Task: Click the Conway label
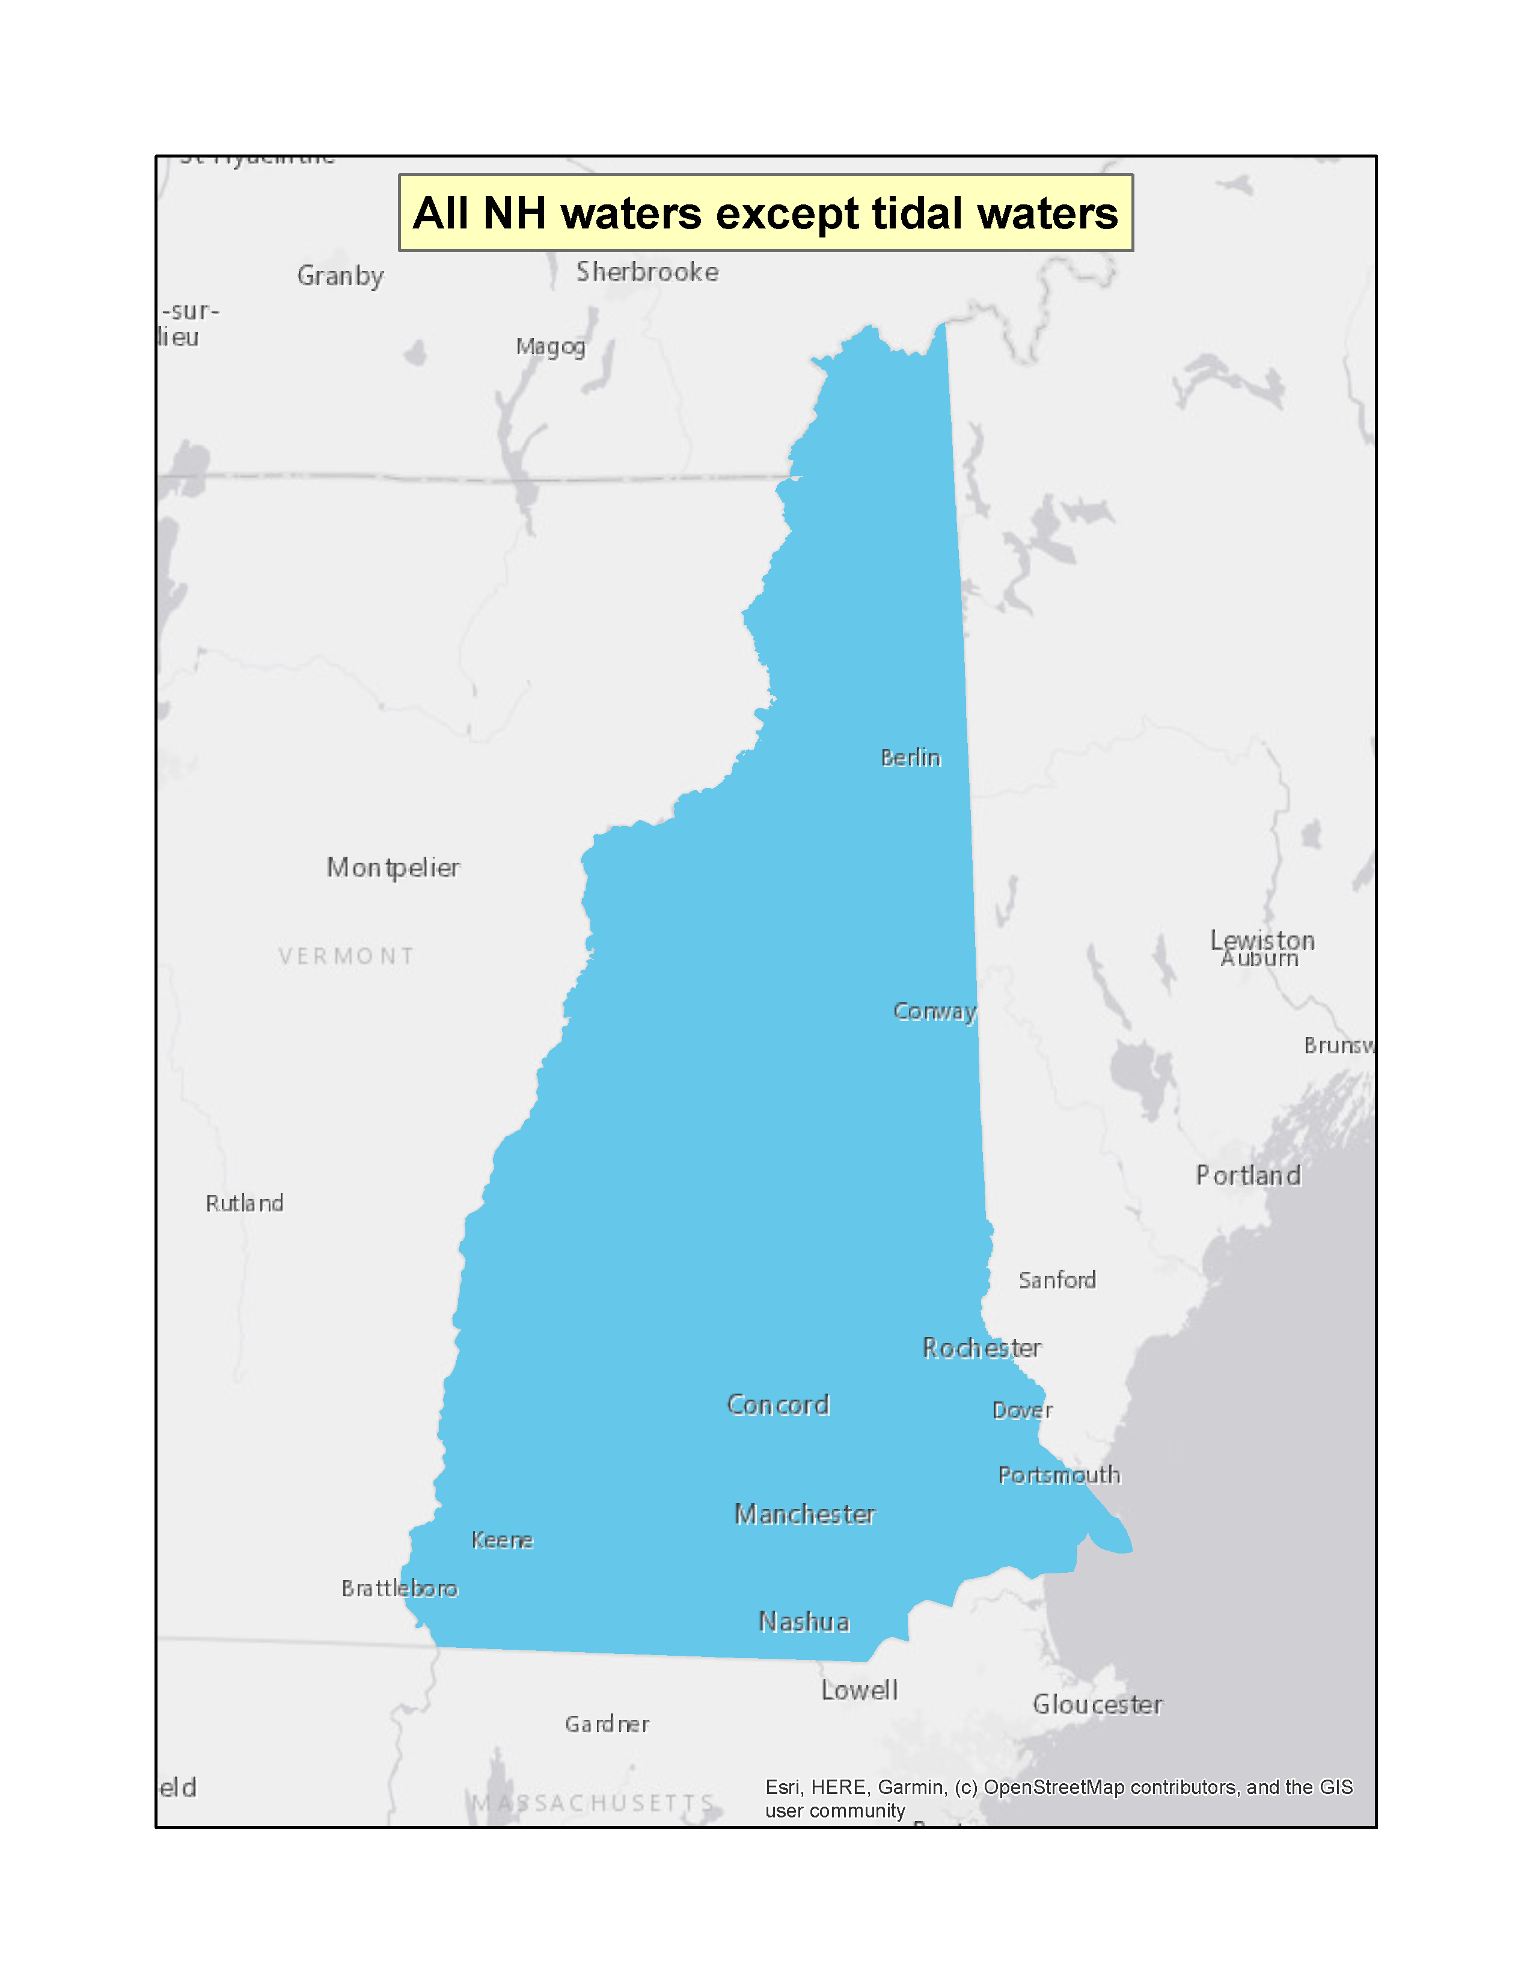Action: pyautogui.click(x=934, y=1011)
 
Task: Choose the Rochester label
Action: pyautogui.click(x=982, y=1347)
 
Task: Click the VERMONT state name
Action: pyautogui.click(x=346, y=956)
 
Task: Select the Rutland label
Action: pyautogui.click(x=244, y=1203)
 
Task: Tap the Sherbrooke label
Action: pyautogui.click(x=647, y=272)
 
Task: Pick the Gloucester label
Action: pyautogui.click(x=1097, y=1704)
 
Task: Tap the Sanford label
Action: pyautogui.click(x=1057, y=1280)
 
